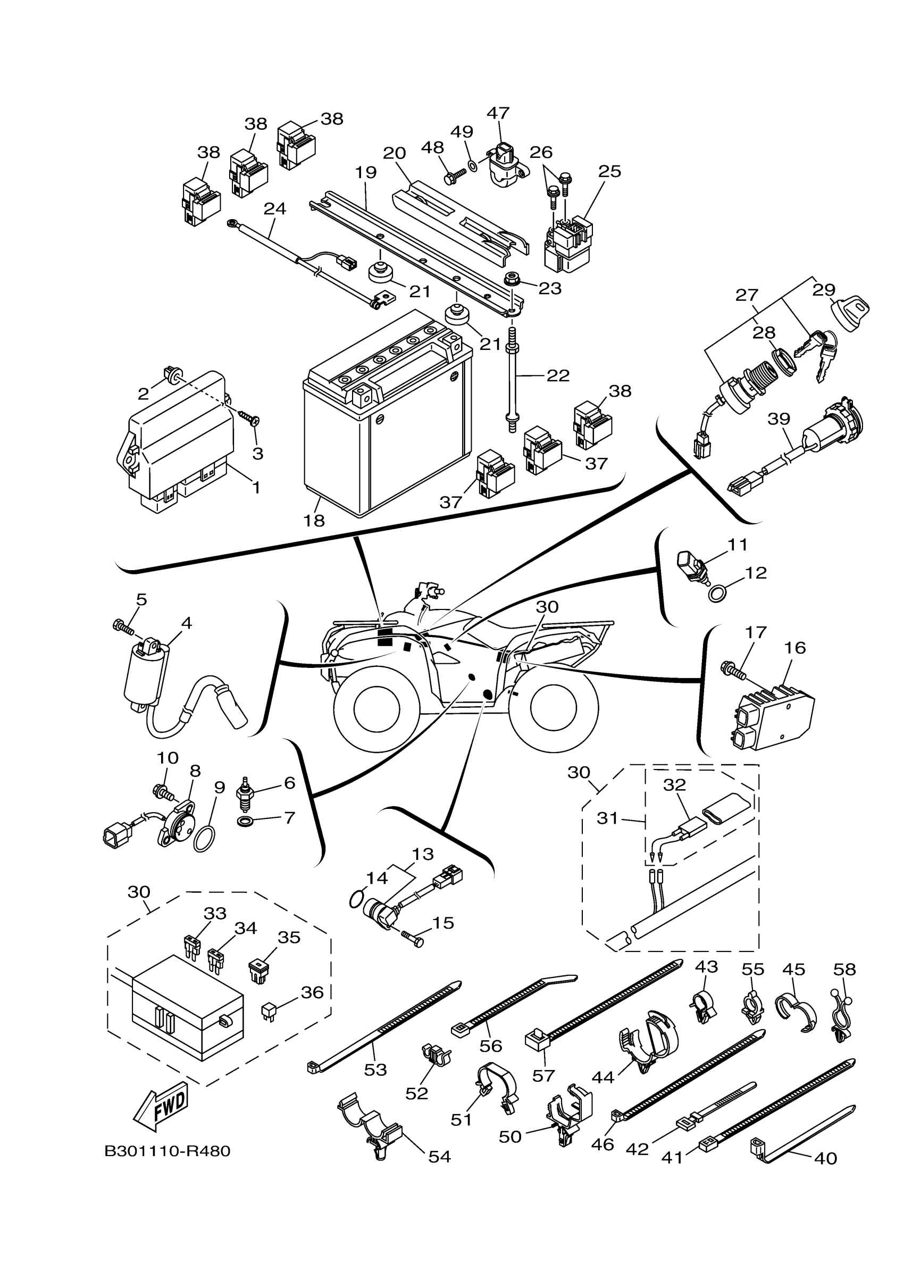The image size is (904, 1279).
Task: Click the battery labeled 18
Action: [x=388, y=414]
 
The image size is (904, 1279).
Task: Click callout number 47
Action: [x=498, y=113]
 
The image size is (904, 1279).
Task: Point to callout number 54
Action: [x=439, y=1157]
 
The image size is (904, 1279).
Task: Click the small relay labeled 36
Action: [x=269, y=1009]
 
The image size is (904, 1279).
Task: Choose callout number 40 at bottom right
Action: [x=825, y=1159]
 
